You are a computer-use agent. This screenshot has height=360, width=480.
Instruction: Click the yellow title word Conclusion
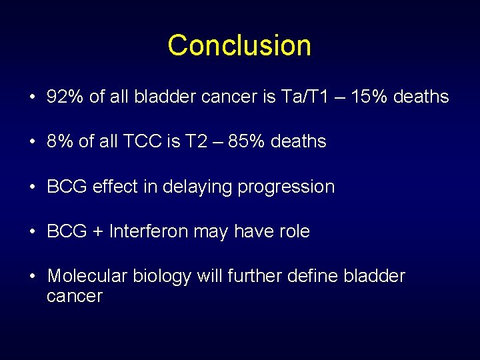(x=239, y=45)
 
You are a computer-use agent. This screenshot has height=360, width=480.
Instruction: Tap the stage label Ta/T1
(x=305, y=97)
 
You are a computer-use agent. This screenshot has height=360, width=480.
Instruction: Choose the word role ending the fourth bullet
(x=294, y=231)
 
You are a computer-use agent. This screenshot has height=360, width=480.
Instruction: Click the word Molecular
(x=85, y=276)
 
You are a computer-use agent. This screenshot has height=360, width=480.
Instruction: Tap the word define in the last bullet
(x=313, y=276)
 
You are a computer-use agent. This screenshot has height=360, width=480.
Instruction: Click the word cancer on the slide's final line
(x=74, y=296)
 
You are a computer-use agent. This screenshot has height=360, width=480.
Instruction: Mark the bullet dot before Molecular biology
(x=32, y=276)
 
